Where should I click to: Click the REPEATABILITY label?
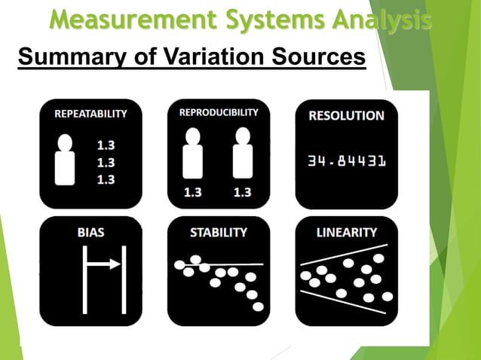90,114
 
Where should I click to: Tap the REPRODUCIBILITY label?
219,112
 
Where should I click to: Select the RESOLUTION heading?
346,116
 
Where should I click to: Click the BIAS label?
90,233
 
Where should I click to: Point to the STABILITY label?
219,233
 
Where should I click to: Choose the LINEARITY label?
346,233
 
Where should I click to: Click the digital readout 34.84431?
346,161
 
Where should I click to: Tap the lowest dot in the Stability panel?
258,307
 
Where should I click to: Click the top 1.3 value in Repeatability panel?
106,143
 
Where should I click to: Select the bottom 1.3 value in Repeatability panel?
106,179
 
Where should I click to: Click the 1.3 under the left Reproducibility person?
194,192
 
